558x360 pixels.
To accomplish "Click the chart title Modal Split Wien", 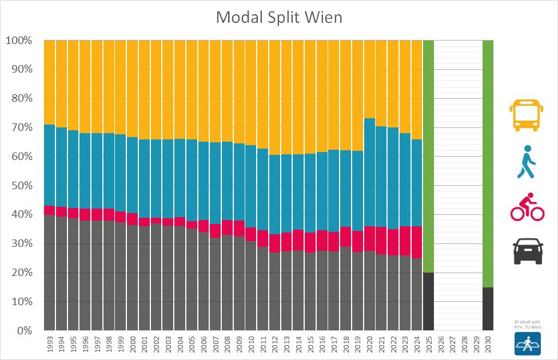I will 278,17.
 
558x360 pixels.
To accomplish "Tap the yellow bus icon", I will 527,115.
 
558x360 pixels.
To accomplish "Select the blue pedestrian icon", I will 527,161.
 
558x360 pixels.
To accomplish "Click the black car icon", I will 527,251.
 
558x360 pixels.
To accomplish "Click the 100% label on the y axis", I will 19,41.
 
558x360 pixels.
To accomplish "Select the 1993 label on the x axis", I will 49,344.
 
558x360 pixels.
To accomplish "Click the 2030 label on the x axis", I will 488,344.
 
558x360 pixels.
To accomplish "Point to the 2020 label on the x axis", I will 369,344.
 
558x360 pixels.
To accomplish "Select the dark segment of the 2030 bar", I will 488,309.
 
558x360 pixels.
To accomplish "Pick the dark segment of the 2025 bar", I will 428,302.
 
